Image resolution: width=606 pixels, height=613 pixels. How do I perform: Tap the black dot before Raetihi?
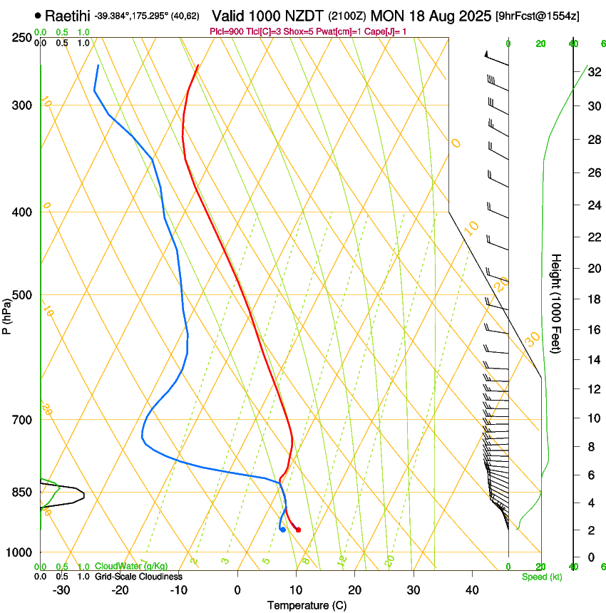(38, 15)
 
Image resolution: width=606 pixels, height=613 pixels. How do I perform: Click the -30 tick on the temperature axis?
(61, 589)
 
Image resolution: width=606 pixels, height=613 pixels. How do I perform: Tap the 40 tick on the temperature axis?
(471, 589)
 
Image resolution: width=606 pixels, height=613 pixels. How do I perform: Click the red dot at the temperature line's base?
(298, 530)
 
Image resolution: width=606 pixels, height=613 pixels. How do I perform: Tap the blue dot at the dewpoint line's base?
(283, 529)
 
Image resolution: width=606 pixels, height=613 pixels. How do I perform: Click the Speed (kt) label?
(541, 577)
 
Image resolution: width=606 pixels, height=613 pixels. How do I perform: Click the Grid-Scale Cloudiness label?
(138, 577)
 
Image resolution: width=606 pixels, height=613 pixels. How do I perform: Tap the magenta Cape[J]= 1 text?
(386, 31)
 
